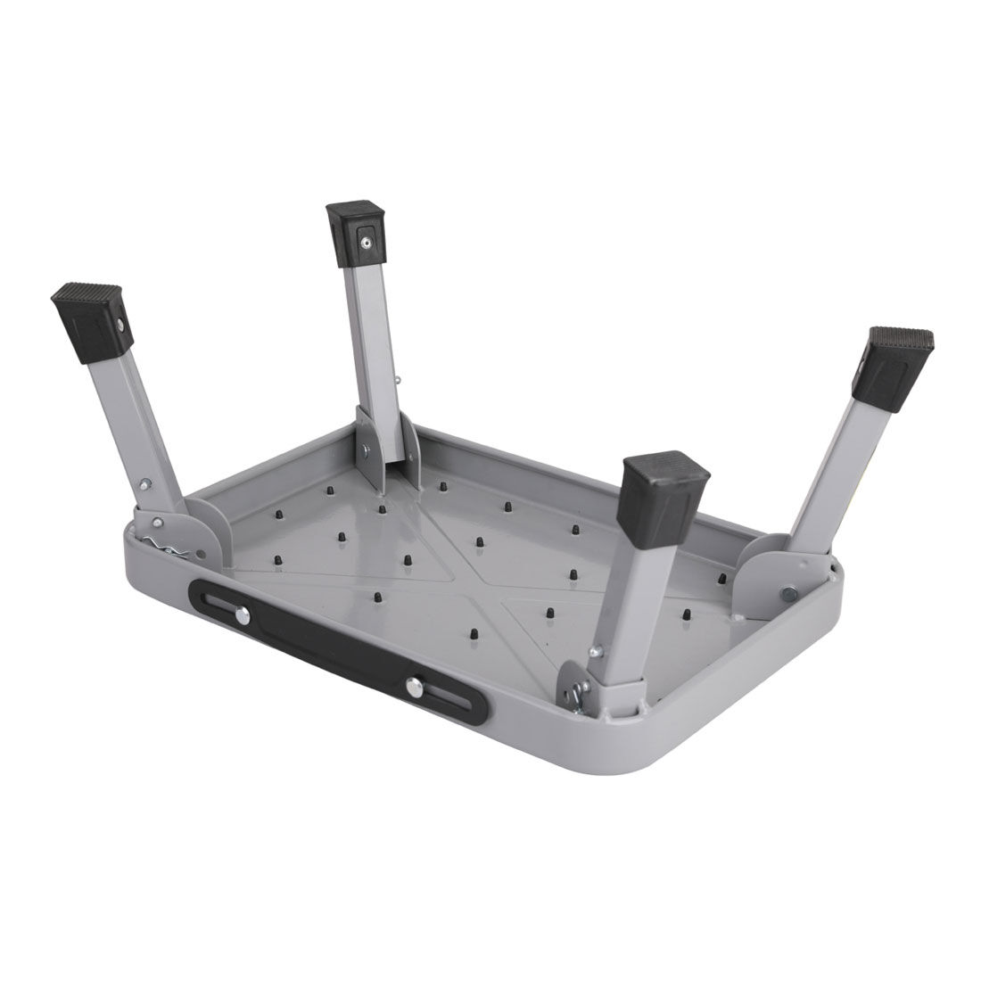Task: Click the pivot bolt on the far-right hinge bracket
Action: coord(787,592)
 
